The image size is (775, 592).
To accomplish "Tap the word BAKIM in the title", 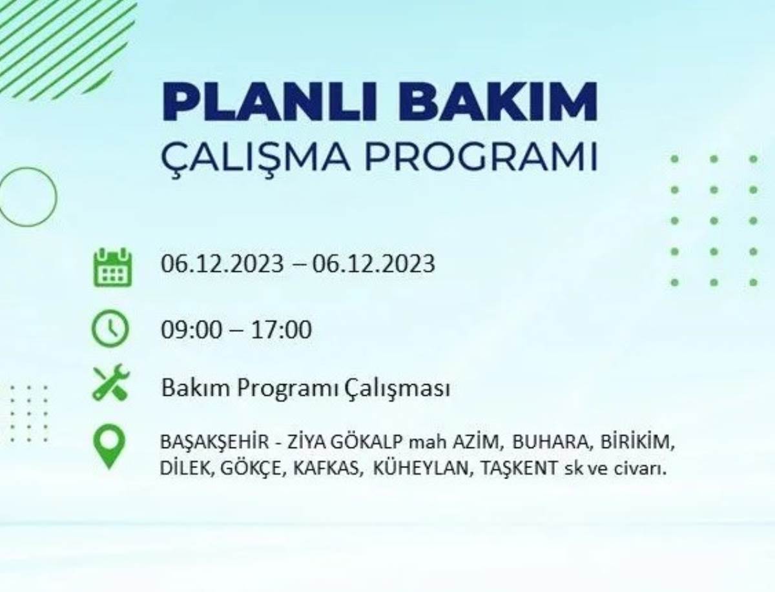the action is tap(497, 101).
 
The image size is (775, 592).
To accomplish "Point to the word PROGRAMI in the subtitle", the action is tap(480, 157).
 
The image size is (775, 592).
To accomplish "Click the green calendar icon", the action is tap(112, 267).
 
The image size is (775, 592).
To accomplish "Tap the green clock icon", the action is tap(110, 328).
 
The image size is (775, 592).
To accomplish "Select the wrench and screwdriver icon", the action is tap(111, 383).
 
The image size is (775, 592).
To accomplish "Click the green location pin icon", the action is tap(109, 446).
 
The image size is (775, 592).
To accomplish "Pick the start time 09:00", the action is tap(191, 329).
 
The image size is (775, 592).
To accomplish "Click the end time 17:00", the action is tap(281, 329).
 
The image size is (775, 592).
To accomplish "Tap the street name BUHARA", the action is tap(550, 442).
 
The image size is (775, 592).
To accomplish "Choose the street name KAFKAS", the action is tap(326, 469).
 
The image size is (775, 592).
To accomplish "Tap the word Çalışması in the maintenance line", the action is tap(397, 389).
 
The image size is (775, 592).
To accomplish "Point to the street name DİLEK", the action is tap(187, 469).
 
